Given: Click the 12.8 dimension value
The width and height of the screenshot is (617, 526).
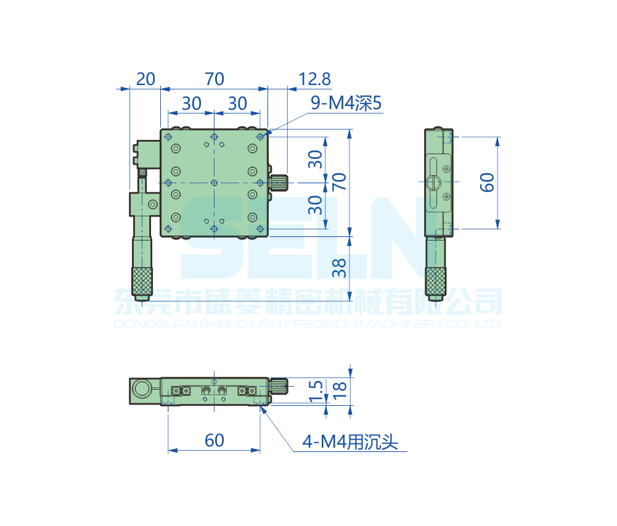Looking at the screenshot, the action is (315, 79).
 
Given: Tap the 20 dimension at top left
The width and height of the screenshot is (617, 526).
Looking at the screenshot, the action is (145, 79).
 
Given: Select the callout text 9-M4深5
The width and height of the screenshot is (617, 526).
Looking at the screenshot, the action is (346, 103).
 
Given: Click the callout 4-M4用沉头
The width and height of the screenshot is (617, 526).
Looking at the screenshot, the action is (350, 442).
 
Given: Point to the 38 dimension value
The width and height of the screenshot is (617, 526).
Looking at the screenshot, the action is (339, 268).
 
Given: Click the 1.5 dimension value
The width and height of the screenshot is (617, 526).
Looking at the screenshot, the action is (316, 391).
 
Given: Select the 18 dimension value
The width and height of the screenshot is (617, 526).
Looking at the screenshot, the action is (339, 391).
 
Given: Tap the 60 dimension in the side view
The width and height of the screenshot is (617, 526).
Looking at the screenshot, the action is (487, 183).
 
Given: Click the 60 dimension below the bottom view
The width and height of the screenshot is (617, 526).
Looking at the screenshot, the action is (215, 440).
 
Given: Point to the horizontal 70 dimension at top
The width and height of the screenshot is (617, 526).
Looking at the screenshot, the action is (215, 79).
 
